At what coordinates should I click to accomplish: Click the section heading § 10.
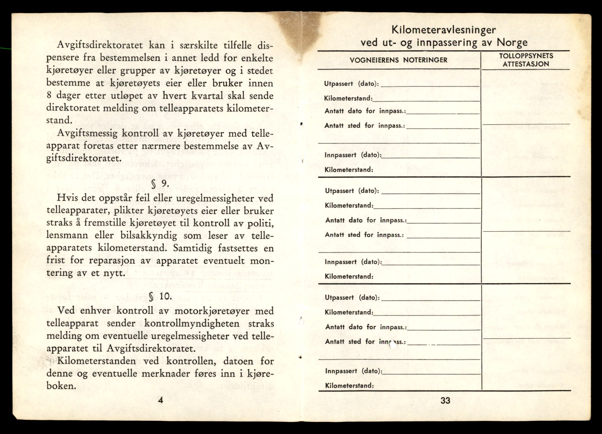coord(160,296)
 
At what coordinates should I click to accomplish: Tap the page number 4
coord(160,400)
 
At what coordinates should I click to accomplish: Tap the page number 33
coord(445,400)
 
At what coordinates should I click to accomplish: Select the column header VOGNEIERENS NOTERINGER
coord(399,60)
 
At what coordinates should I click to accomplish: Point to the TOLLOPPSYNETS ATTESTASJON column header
coord(525,60)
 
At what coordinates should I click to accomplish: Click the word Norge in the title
coord(512,43)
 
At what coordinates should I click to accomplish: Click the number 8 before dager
coord(49,96)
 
